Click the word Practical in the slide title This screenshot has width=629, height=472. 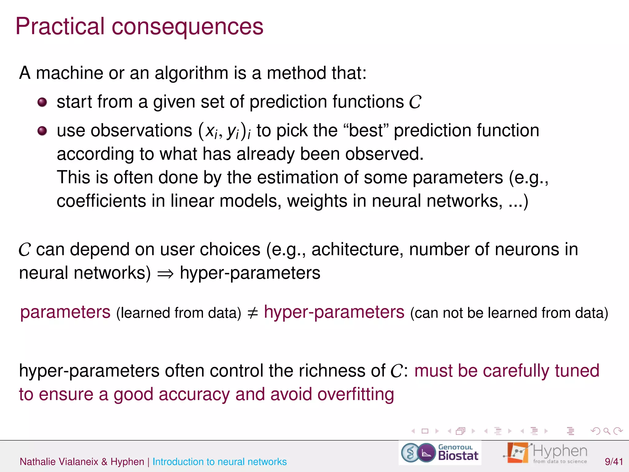tap(60, 26)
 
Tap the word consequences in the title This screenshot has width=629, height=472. tap(187, 26)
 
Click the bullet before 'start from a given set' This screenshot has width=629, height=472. tap(42, 102)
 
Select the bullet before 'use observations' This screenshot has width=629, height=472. tap(42, 131)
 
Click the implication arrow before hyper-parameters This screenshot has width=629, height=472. tap(165, 273)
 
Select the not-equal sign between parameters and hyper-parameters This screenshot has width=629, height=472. tap(252, 313)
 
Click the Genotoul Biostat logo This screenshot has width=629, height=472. tap(440, 453)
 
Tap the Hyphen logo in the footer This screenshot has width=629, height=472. tap(545, 453)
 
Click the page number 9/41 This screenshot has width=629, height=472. tap(614, 462)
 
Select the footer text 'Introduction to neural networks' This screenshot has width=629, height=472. tap(220, 462)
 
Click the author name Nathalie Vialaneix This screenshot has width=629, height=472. tap(59, 462)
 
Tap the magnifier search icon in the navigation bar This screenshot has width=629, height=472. tap(607, 431)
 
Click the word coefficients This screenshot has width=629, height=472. tap(101, 201)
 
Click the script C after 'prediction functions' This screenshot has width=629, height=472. tap(415, 102)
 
